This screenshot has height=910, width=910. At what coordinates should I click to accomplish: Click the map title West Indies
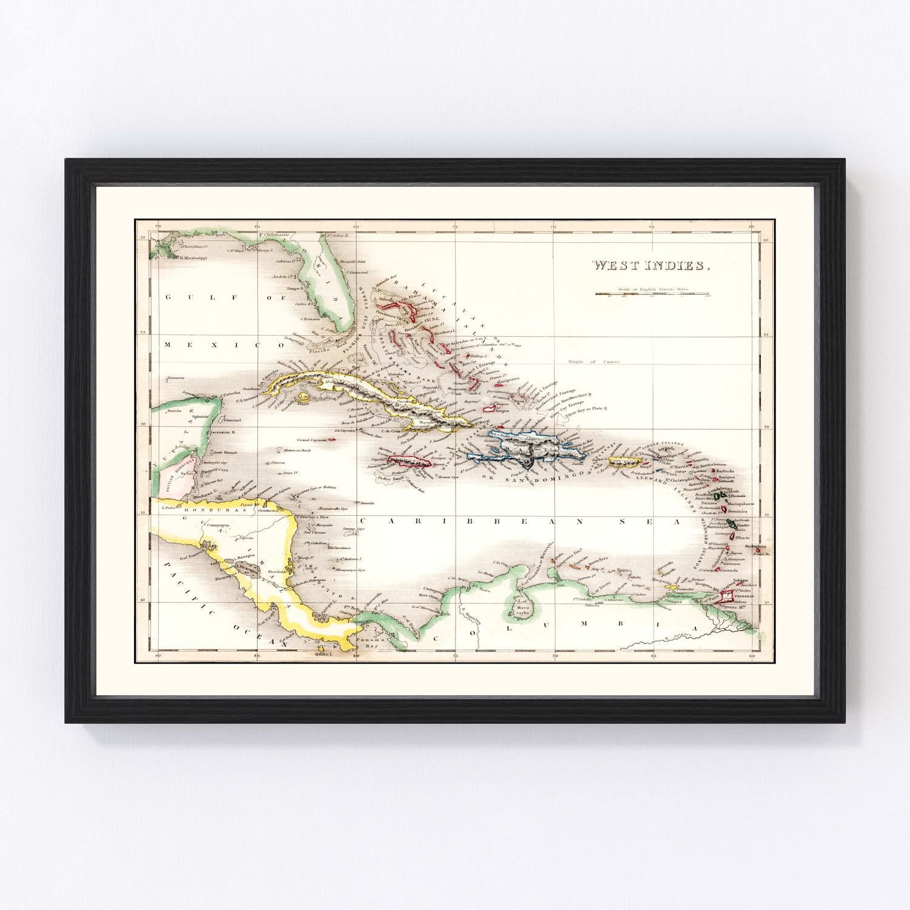[650, 266]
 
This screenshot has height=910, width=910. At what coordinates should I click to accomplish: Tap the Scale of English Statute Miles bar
[652, 294]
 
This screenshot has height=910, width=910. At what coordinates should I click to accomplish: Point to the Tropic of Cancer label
[594, 362]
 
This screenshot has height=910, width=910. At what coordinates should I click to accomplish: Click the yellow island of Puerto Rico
[625, 463]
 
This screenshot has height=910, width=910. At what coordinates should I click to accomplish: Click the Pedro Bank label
[386, 478]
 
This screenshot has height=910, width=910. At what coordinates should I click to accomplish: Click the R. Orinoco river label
[674, 638]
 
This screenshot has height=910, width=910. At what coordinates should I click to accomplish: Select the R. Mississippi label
[192, 257]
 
